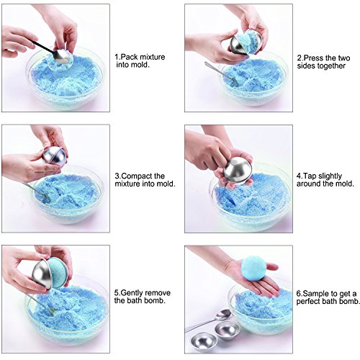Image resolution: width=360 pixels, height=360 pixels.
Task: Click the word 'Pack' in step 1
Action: point(130,57)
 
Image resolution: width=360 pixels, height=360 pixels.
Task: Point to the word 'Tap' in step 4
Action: point(308,176)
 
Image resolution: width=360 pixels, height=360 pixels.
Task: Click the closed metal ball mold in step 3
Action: point(54,156)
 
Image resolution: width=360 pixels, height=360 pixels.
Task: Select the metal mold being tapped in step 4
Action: point(238,171)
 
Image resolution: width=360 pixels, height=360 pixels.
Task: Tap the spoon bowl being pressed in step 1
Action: point(60,56)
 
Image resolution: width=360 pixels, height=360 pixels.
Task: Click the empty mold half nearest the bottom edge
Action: point(204,341)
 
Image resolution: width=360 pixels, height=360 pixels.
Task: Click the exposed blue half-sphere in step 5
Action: point(58,273)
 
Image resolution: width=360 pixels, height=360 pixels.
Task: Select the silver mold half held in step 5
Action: point(41,274)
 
